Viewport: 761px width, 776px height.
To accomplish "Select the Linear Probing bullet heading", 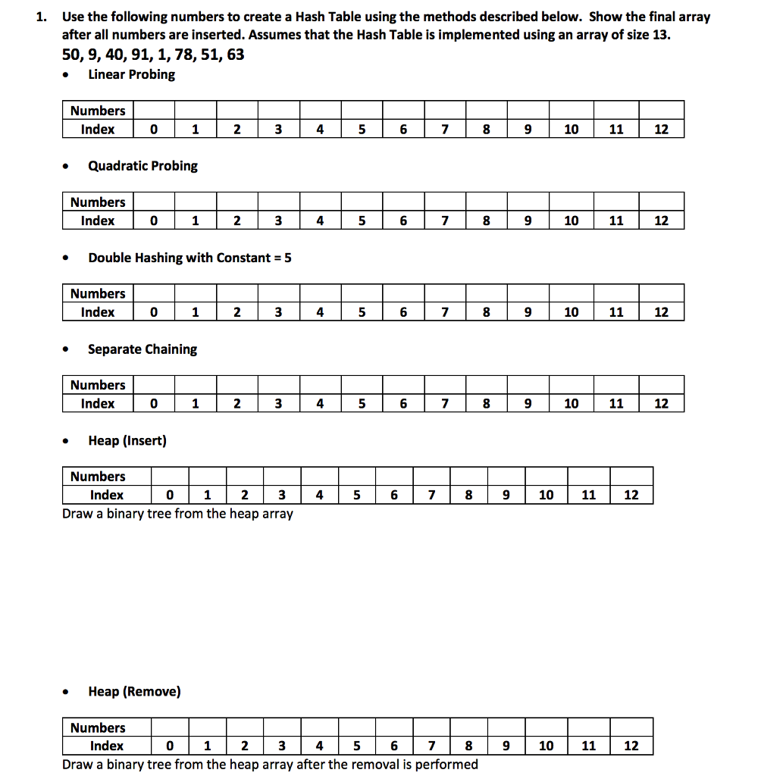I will [131, 74].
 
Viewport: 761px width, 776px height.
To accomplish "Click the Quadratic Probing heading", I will [142, 166].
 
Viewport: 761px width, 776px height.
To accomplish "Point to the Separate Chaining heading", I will [142, 349].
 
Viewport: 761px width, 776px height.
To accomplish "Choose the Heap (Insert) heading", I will [127, 441].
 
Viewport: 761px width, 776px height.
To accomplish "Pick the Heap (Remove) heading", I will [134, 692].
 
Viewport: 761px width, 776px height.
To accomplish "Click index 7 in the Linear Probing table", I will [444, 130].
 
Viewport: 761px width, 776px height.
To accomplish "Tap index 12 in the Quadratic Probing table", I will [661, 221].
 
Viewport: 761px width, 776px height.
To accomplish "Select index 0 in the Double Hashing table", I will [154, 312].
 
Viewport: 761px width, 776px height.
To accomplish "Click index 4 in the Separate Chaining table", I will [320, 404].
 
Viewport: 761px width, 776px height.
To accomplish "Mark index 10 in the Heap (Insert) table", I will [546, 496].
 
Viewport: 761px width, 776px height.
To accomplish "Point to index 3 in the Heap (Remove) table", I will [282, 746].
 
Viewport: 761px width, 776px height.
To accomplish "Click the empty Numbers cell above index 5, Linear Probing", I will [362, 111].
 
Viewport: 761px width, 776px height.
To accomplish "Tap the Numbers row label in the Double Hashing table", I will [98, 294].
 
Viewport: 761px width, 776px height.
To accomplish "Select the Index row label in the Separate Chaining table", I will [98, 404].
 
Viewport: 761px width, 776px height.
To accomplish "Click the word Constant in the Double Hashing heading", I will [243, 258].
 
